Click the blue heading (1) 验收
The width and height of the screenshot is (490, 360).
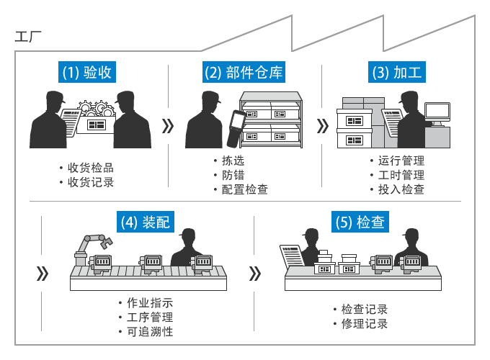86,72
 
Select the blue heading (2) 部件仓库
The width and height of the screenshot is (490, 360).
244,72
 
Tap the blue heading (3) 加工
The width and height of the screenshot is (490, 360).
396,72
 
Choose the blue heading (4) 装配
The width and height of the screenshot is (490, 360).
146,222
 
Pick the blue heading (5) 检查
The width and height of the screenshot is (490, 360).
360,222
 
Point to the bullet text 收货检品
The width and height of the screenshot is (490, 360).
90,168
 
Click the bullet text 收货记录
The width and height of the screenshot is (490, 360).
90,182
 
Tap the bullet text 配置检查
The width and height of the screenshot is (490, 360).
245,189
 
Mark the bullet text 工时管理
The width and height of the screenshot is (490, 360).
401,175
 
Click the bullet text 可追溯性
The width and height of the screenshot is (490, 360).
149,331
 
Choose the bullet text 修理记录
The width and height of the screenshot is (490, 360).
364,324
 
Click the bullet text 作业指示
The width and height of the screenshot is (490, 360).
149,302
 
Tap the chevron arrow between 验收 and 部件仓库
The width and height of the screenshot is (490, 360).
168,127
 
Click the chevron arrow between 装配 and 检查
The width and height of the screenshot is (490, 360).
254,274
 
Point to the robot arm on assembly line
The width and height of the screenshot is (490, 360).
90,246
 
